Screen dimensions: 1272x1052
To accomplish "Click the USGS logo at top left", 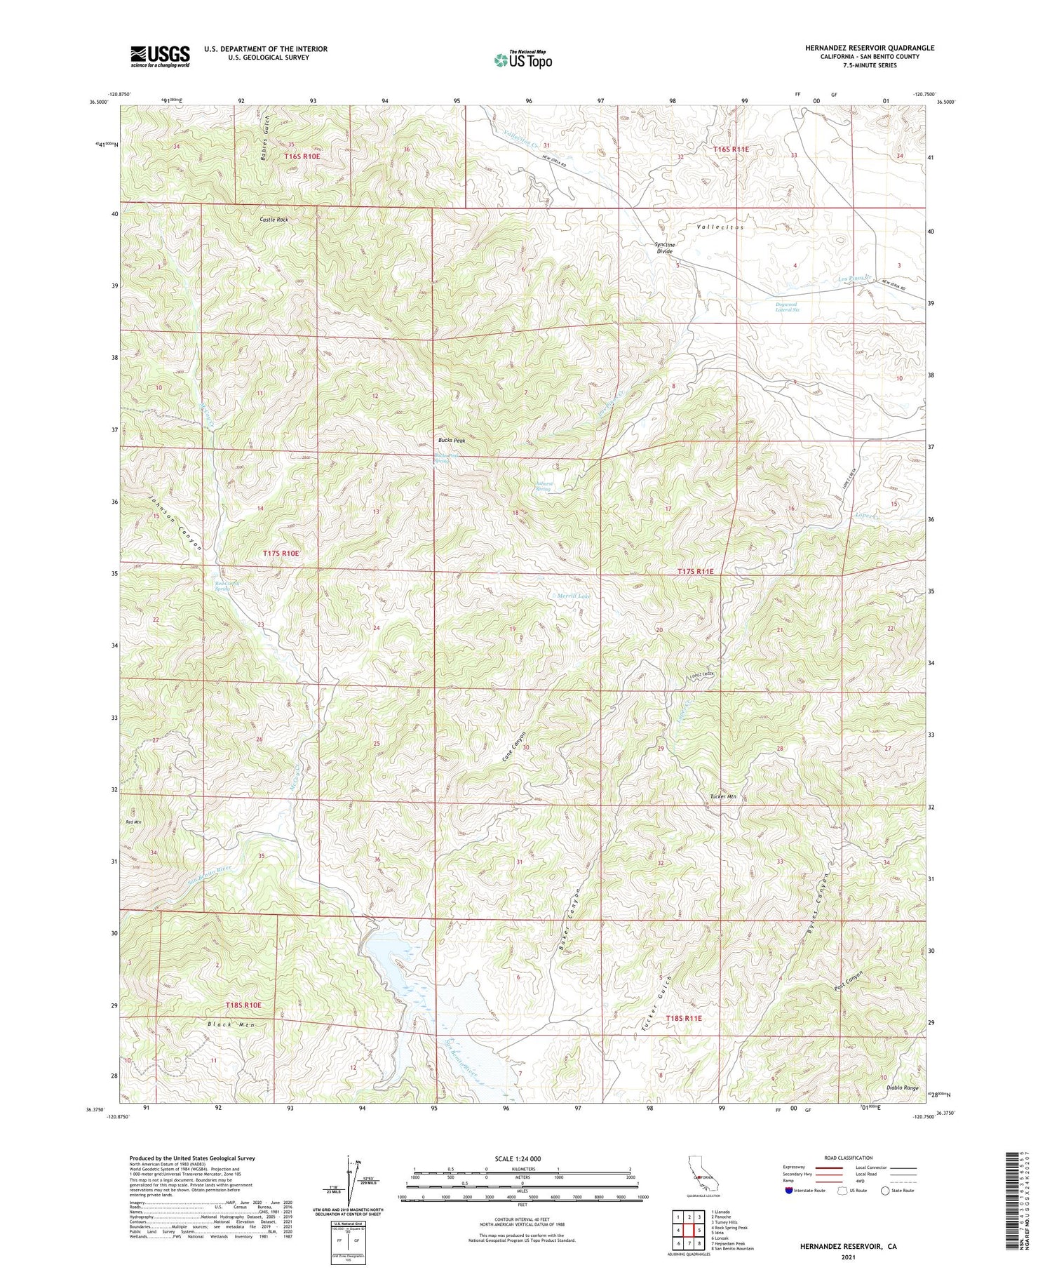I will click(x=160, y=56).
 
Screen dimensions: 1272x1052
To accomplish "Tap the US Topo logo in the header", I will click(x=522, y=60).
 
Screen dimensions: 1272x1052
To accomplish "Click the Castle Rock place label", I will click(x=274, y=220).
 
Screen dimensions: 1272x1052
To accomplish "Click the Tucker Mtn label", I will click(x=723, y=797).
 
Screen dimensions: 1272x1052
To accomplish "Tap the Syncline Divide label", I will click(x=659, y=248).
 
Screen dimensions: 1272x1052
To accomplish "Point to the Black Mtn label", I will click(x=229, y=1025).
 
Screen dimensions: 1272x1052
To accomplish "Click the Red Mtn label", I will click(x=133, y=822).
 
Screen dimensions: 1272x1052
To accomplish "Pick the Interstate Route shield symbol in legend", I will click(x=790, y=1191).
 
